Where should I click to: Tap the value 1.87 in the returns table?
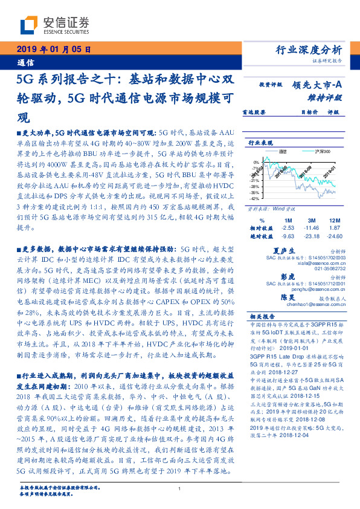pos(335,228)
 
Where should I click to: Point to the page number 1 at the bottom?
pos(180,490)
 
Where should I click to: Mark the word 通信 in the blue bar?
pos(25,62)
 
